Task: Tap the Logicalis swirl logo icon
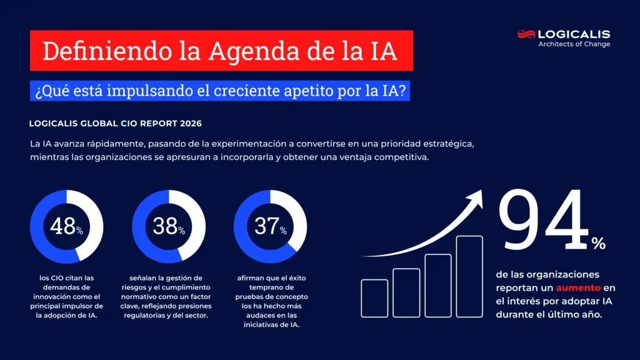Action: (x=526, y=34)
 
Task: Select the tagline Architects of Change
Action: (x=574, y=44)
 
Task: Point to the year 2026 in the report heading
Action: (x=189, y=124)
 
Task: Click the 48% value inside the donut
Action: (x=66, y=226)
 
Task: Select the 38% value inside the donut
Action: (x=168, y=226)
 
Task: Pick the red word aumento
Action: (x=578, y=287)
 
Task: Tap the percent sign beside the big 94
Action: (x=598, y=244)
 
